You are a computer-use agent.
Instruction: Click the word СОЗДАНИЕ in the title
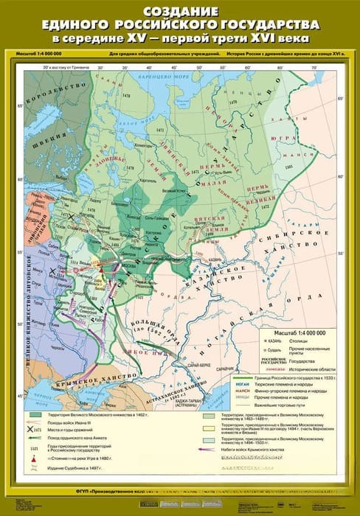point(179,12)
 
